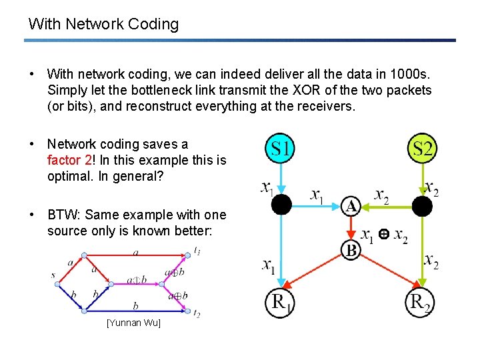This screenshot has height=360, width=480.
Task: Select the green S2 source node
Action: click(422, 148)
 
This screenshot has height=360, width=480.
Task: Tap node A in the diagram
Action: click(351, 206)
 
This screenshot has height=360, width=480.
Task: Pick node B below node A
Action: click(351, 251)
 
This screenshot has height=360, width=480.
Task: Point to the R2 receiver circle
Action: click(422, 304)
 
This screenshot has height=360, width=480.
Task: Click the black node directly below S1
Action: click(282, 205)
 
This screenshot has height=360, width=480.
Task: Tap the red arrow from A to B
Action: click(351, 229)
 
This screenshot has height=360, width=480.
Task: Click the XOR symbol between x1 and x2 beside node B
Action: click(383, 235)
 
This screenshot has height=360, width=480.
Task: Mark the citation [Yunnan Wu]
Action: click(133, 323)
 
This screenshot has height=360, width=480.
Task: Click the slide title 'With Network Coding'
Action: click(103, 25)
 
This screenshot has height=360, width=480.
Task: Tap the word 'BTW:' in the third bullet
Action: click(64, 215)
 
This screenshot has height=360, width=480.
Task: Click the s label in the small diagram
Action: click(53, 275)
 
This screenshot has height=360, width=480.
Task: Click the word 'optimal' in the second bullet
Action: click(69, 177)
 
